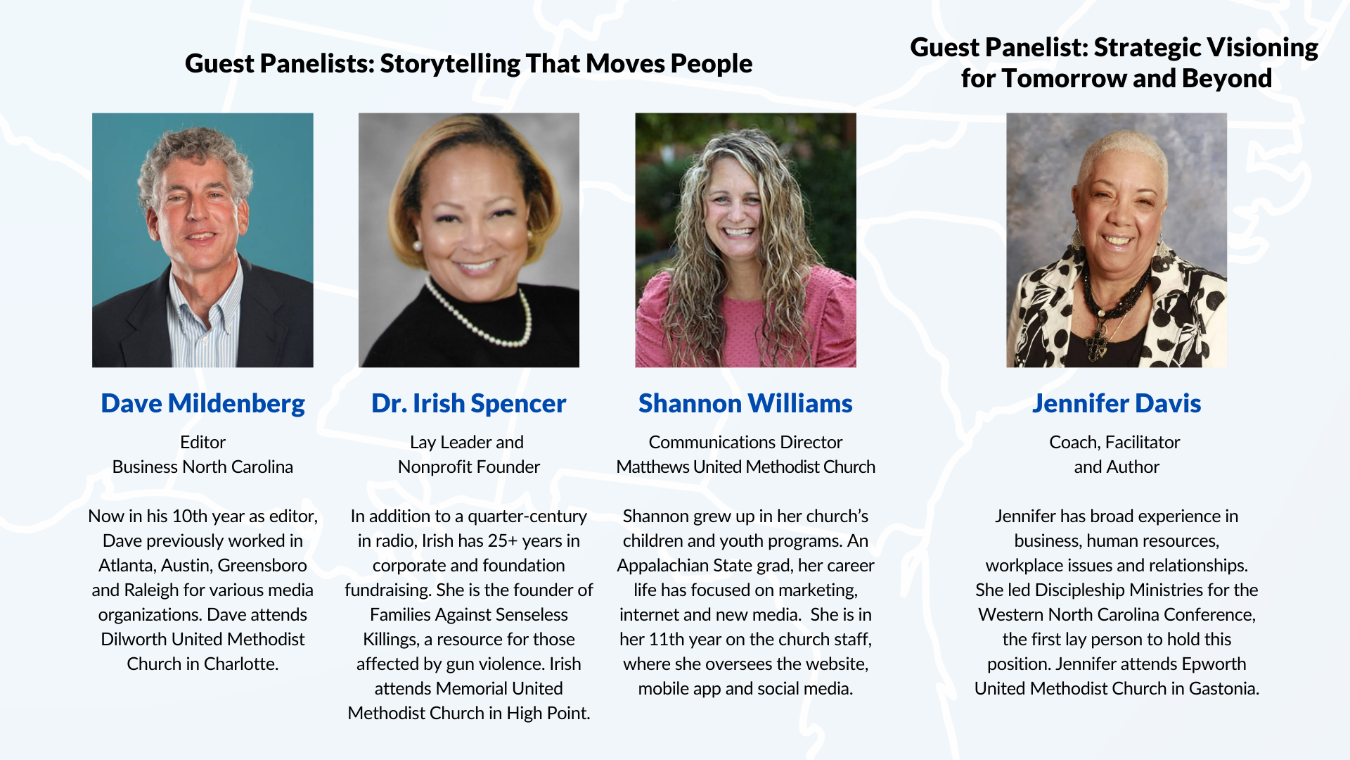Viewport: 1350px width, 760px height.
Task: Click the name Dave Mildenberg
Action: [202, 404]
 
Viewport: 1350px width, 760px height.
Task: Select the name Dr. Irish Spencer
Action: [469, 404]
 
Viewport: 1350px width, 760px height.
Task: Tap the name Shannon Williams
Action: [745, 404]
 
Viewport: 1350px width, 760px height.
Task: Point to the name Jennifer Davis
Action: [1117, 404]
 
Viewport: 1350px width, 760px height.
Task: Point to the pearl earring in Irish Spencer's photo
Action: [416, 246]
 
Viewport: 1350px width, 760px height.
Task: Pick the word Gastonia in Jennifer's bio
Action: [1224, 689]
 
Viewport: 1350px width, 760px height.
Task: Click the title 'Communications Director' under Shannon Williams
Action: [745, 443]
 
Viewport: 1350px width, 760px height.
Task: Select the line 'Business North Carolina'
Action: [202, 467]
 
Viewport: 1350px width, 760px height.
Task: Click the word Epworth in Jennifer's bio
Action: [1214, 665]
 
